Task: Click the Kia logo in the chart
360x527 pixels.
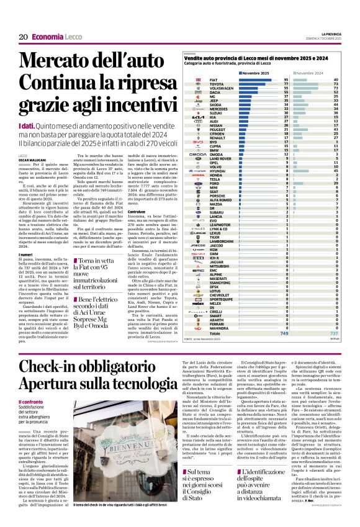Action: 197,117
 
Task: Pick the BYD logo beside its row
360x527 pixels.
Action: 197,142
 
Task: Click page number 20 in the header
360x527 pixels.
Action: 23,37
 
